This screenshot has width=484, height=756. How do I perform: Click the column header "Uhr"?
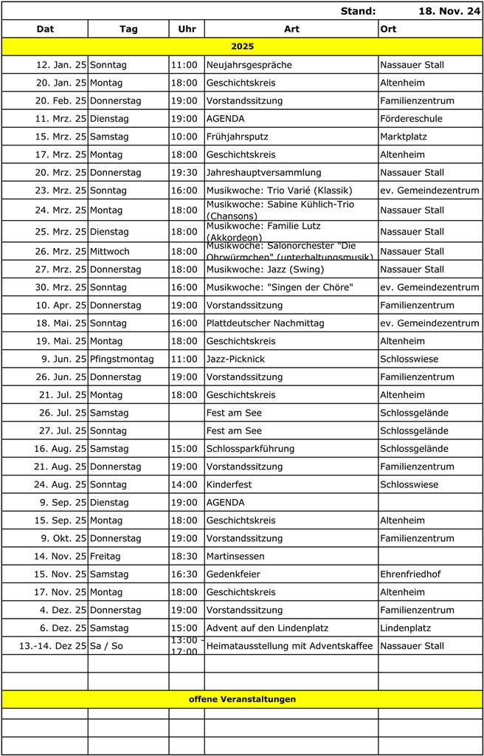(187, 29)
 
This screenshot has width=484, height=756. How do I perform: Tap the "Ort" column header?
(388, 29)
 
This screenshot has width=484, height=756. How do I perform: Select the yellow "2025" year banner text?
(242, 47)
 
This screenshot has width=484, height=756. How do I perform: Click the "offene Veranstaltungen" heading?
(242, 699)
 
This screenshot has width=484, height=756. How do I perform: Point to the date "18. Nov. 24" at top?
(449, 11)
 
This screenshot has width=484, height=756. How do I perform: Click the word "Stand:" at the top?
(359, 11)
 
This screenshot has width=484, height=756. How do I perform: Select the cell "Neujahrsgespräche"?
(249, 65)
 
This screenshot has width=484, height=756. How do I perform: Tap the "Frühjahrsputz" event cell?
(237, 137)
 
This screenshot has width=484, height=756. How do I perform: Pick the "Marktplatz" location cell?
(403, 137)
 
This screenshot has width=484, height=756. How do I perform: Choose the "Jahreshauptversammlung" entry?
(263, 173)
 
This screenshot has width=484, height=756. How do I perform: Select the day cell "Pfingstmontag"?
(122, 360)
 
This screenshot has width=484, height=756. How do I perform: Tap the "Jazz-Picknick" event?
(235, 360)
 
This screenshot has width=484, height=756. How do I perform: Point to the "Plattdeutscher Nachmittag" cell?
(265, 323)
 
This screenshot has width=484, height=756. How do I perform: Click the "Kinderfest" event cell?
(229, 485)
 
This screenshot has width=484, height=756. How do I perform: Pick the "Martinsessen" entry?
(235, 557)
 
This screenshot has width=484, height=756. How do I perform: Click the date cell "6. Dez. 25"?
(63, 628)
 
